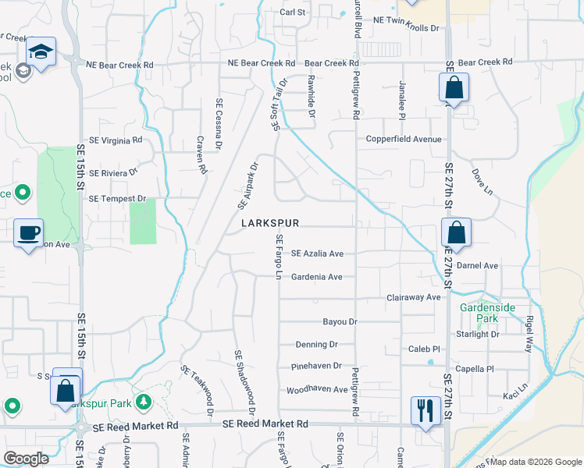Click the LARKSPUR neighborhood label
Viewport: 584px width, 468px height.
(270, 223)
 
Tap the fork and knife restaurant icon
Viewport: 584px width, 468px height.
(424, 409)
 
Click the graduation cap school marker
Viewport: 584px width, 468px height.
(41, 53)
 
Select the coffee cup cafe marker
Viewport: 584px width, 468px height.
(29, 232)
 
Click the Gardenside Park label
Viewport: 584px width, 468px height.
(488, 313)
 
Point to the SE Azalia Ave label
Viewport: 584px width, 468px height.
(317, 253)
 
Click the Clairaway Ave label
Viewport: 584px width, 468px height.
(414, 298)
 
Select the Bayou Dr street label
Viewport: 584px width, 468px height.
(340, 321)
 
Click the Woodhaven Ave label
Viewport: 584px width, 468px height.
(317, 389)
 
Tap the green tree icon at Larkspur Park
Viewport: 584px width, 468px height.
(143, 402)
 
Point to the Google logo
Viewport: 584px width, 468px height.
(26, 459)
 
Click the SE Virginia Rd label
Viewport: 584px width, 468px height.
(116, 140)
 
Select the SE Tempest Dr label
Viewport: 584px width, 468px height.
(117, 199)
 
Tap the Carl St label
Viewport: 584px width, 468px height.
(292, 12)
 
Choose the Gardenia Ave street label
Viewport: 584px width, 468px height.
(317, 277)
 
